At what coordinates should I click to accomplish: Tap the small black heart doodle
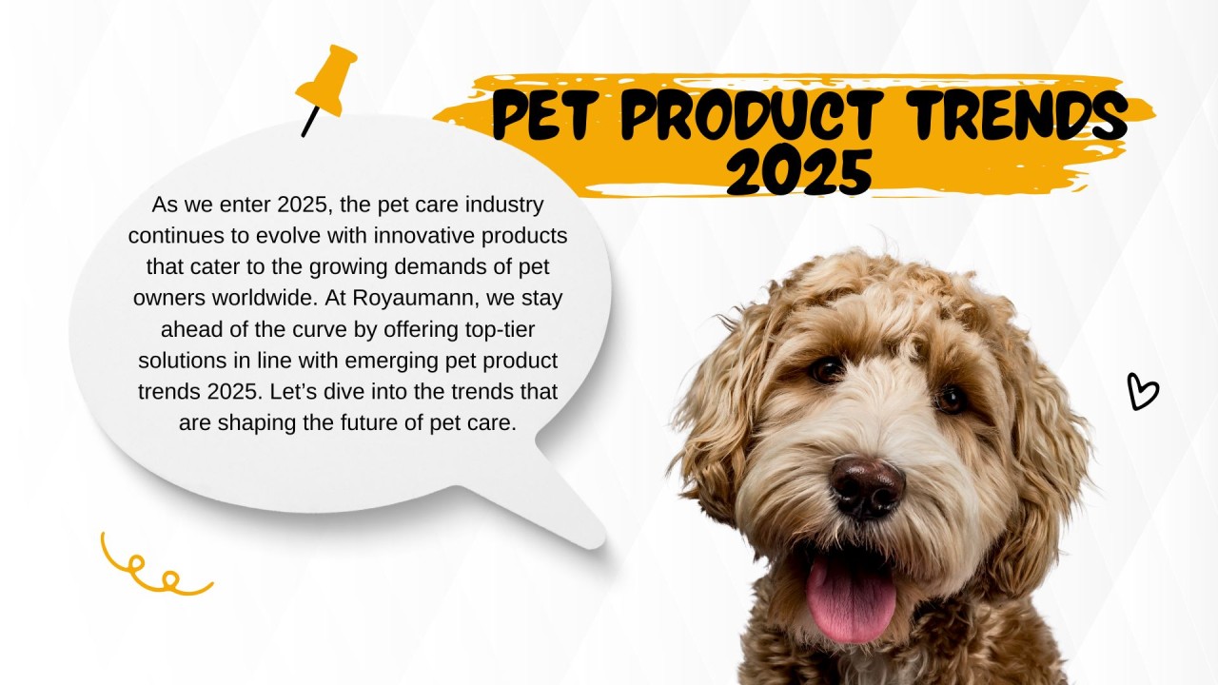[1141, 391]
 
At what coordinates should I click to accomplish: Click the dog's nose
[866, 485]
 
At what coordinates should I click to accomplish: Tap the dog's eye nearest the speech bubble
[827, 369]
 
